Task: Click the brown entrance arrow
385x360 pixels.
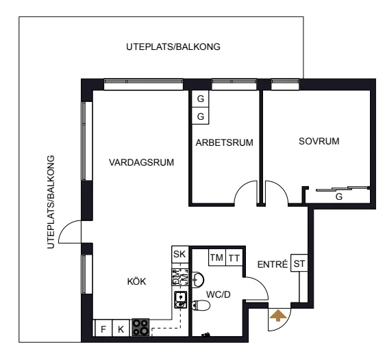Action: [278, 316]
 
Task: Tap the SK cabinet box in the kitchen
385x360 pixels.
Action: [180, 255]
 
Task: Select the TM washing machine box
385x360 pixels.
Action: [216, 257]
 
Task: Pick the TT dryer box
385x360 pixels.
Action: [234, 257]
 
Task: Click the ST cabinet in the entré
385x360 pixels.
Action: [299, 263]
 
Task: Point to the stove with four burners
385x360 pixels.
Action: [140, 327]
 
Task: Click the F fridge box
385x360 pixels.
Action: [103, 328]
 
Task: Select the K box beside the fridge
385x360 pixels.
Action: [121, 328]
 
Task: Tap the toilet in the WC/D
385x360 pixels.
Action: [201, 305]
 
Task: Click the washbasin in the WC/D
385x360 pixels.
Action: [198, 279]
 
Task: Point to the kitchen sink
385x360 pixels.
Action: [180, 300]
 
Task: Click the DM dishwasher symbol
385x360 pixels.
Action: [180, 277]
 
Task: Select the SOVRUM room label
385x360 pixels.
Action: [319, 141]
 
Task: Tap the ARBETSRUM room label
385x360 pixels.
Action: [224, 142]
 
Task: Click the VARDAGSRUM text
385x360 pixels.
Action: [141, 162]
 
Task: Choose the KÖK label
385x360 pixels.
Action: [136, 281]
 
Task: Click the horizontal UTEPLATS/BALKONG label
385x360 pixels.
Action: [173, 47]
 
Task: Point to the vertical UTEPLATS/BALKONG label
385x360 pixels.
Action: [51, 202]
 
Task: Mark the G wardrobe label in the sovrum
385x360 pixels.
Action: [339, 196]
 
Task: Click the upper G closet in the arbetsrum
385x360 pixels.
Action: [200, 99]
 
